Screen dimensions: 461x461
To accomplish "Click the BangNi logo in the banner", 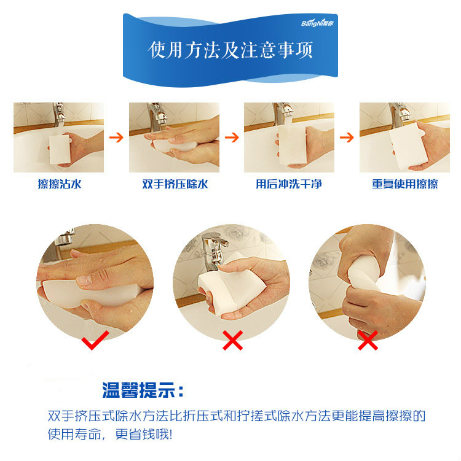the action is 317,23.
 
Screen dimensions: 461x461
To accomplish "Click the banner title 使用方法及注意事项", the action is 230,50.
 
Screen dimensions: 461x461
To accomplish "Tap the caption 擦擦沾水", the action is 60,184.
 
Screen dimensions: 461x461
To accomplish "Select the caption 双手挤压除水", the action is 175,184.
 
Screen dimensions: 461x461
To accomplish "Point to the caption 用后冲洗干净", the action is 289,184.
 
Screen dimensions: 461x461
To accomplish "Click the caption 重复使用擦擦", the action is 405,184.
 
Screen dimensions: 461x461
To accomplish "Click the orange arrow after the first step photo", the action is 116,138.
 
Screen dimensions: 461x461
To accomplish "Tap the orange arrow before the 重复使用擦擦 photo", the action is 347,138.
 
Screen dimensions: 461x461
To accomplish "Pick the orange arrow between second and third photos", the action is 232,138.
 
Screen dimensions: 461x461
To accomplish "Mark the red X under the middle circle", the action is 232,341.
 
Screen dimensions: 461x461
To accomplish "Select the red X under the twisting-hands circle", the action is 368,341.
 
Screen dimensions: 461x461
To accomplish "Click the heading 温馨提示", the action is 143,390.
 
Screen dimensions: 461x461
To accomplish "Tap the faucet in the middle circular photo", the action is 213,250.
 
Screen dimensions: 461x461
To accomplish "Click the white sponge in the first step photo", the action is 60,149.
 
